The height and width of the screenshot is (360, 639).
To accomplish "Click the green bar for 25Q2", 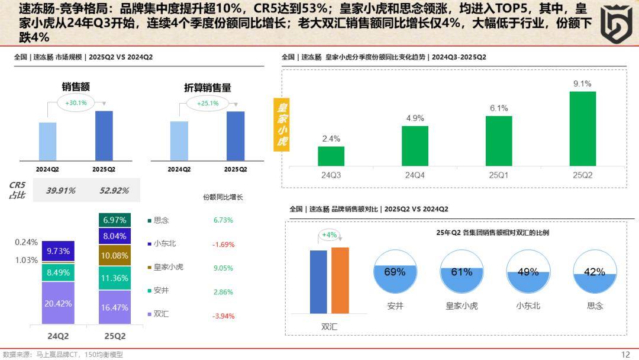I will (x=582, y=128).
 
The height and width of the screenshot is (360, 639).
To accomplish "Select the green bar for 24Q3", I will (x=331, y=156).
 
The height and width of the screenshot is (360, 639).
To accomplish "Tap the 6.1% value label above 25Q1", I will (x=498, y=108).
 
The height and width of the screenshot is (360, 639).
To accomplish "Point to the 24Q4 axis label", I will (x=414, y=175).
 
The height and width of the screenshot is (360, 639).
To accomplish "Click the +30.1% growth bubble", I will (x=76, y=103).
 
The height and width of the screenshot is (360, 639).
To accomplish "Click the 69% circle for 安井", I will (x=395, y=272).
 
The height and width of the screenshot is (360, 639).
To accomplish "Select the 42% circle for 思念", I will (x=594, y=272).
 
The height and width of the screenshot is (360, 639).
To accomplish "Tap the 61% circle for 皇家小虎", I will (x=461, y=272).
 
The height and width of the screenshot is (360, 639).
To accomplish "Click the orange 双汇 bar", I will (x=340, y=280).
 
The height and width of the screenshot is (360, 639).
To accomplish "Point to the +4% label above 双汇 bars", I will (x=328, y=235).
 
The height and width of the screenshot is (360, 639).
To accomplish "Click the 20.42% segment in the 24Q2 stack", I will (x=58, y=303).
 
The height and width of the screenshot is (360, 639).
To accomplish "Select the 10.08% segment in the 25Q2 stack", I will (x=115, y=255).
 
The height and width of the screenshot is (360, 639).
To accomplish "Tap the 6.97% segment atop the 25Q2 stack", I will (x=115, y=220).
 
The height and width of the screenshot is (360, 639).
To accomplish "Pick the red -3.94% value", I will (x=223, y=316).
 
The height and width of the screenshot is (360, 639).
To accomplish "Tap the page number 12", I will (x=625, y=354).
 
